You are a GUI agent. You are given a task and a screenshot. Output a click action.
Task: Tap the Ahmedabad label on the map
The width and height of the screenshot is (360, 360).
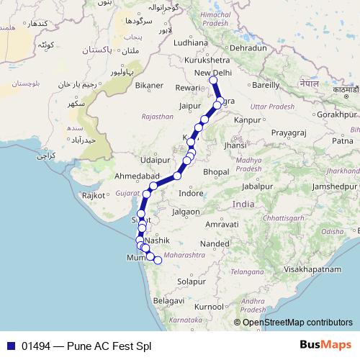(x=138, y=176)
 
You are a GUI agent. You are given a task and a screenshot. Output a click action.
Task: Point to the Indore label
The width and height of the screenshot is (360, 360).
(x=192, y=194)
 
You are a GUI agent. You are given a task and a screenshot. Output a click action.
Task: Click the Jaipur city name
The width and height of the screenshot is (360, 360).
(x=189, y=105)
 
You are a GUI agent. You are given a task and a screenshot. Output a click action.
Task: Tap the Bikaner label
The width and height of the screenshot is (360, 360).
(x=149, y=85)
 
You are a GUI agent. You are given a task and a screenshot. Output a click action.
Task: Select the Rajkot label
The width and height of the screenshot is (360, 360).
(x=94, y=195)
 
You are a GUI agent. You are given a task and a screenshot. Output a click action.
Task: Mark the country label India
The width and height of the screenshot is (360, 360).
(x=243, y=204)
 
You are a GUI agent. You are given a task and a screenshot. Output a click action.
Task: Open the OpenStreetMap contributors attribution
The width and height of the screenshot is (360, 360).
(x=297, y=323)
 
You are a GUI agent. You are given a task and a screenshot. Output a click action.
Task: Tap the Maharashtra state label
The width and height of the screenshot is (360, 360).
(x=184, y=255)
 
